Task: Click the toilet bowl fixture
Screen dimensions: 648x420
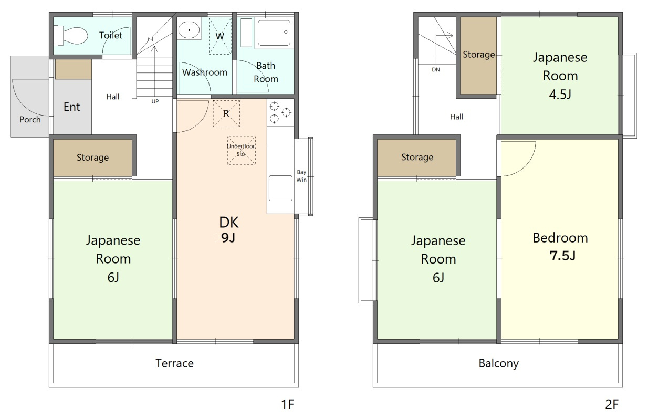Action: pos(70,36)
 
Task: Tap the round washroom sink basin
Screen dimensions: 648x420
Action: pos(189,30)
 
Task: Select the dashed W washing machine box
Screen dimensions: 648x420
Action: pos(220,36)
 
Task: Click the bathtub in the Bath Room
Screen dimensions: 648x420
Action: pos(274,33)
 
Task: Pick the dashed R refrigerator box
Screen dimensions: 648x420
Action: pos(226,114)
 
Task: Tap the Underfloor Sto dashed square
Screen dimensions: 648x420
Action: pos(241,151)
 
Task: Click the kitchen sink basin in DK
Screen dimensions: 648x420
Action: pos(280,188)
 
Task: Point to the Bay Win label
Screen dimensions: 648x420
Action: pos(301,176)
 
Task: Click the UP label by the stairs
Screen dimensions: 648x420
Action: pos(155,101)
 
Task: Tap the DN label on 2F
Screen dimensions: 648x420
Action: pos(436,70)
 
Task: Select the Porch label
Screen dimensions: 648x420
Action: pos(30,120)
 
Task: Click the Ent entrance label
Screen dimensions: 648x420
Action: pos(72,107)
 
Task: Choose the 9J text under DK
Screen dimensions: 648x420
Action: pos(228,238)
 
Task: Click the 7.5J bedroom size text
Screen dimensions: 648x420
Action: pos(562,256)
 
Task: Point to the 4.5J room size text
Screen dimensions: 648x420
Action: pos(560,94)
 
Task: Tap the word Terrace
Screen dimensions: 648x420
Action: pos(174,363)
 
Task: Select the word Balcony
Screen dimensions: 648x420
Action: pos(499,364)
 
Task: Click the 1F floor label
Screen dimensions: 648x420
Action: pos(288,404)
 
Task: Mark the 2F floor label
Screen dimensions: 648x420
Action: pos(612,404)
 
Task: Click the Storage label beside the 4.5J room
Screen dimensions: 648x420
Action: pos(479,55)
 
